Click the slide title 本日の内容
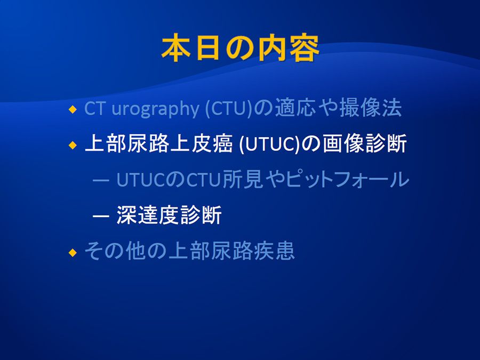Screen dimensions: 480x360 pyautogui.click(x=241, y=48)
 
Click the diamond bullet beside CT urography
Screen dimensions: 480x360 pyautogui.click(x=73, y=109)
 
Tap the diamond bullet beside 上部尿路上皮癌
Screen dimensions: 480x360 pyautogui.click(x=73, y=145)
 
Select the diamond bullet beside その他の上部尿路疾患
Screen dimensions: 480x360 pyautogui.click(x=73, y=253)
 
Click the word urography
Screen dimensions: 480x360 pyautogui.click(x=155, y=109)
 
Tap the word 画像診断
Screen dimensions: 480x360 pyautogui.click(x=365, y=143)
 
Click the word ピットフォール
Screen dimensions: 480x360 pyautogui.click(x=348, y=179)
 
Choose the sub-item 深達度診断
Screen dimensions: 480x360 pyautogui.click(x=169, y=215)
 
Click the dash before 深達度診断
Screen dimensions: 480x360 pyautogui.click(x=101, y=216)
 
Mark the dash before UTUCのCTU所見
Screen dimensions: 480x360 pyautogui.click(x=101, y=180)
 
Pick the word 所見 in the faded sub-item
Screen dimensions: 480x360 pyautogui.click(x=243, y=179)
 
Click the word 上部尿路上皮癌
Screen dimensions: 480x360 pyautogui.click(x=158, y=143)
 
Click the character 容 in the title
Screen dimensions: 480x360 pyautogui.click(x=305, y=48)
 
